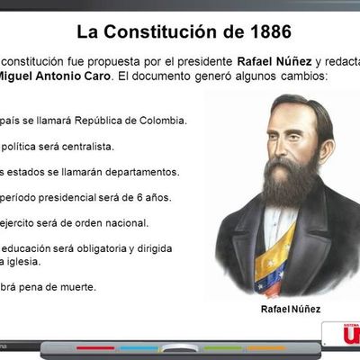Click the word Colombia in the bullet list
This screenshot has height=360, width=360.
coord(160,120)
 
